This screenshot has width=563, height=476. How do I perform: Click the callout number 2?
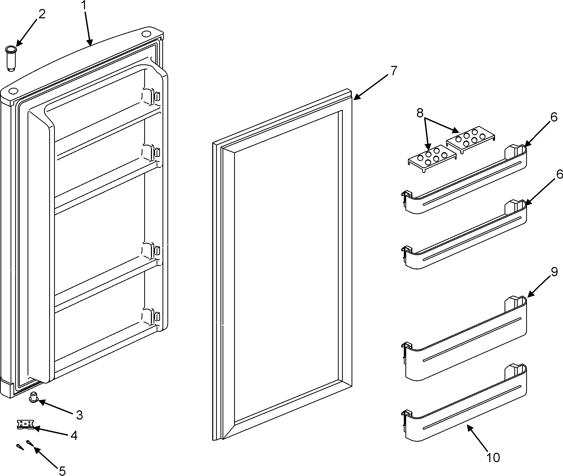pyautogui.click(x=41, y=14)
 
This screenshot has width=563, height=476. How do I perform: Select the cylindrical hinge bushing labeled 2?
pyautogui.click(x=11, y=58)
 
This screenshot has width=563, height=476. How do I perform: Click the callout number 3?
pyautogui.click(x=79, y=415)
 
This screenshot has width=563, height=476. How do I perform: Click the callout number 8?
pyautogui.click(x=420, y=113)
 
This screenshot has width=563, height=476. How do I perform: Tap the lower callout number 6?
pyautogui.click(x=559, y=174)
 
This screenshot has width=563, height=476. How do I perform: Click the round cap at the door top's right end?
pyautogui.click(x=146, y=34)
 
